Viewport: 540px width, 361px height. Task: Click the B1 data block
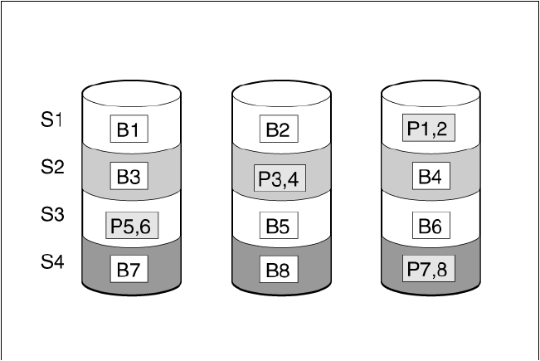tap(132, 129)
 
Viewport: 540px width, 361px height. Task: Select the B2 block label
tap(280, 129)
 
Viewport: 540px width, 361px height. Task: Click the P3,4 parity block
tap(280, 178)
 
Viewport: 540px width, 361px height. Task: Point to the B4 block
tap(430, 176)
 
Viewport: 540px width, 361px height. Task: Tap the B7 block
tap(132, 269)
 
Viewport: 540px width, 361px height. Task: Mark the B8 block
tap(280, 270)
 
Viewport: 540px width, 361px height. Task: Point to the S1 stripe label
tap(51, 120)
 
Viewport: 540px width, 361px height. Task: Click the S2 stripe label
tap(51, 168)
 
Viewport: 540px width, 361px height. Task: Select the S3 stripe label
tap(51, 215)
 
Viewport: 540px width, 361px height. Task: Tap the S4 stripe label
tap(51, 262)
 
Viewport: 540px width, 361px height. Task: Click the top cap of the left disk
tap(132, 91)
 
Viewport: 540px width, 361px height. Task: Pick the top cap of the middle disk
tap(280, 91)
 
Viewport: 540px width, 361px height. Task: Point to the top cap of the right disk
tap(430, 91)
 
